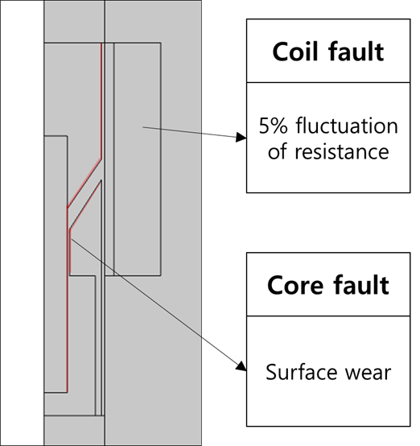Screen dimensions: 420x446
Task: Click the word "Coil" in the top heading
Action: (x=294, y=52)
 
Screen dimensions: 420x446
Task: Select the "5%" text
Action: (x=273, y=126)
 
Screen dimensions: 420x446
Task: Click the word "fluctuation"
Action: (x=347, y=126)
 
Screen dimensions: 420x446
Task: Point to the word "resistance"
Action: (x=342, y=151)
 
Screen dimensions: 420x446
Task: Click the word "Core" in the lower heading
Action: (x=295, y=285)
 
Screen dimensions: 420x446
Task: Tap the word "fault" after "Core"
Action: (x=361, y=284)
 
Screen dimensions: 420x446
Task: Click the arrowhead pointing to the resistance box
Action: (x=241, y=138)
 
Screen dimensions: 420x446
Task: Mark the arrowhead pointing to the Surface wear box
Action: (x=241, y=366)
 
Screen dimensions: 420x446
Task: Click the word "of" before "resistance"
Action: (x=277, y=151)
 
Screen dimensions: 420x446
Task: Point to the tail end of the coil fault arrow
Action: (x=142, y=127)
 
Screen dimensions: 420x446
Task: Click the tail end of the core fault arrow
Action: (x=71, y=239)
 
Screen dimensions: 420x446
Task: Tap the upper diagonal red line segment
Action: (x=84, y=183)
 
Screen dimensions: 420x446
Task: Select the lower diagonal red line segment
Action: (x=85, y=204)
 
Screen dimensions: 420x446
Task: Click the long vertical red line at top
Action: (x=101, y=101)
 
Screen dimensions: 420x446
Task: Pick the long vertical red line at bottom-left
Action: (x=67, y=299)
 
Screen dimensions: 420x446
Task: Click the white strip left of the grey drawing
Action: (x=23, y=223)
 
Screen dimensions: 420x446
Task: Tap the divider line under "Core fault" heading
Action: (x=328, y=316)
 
